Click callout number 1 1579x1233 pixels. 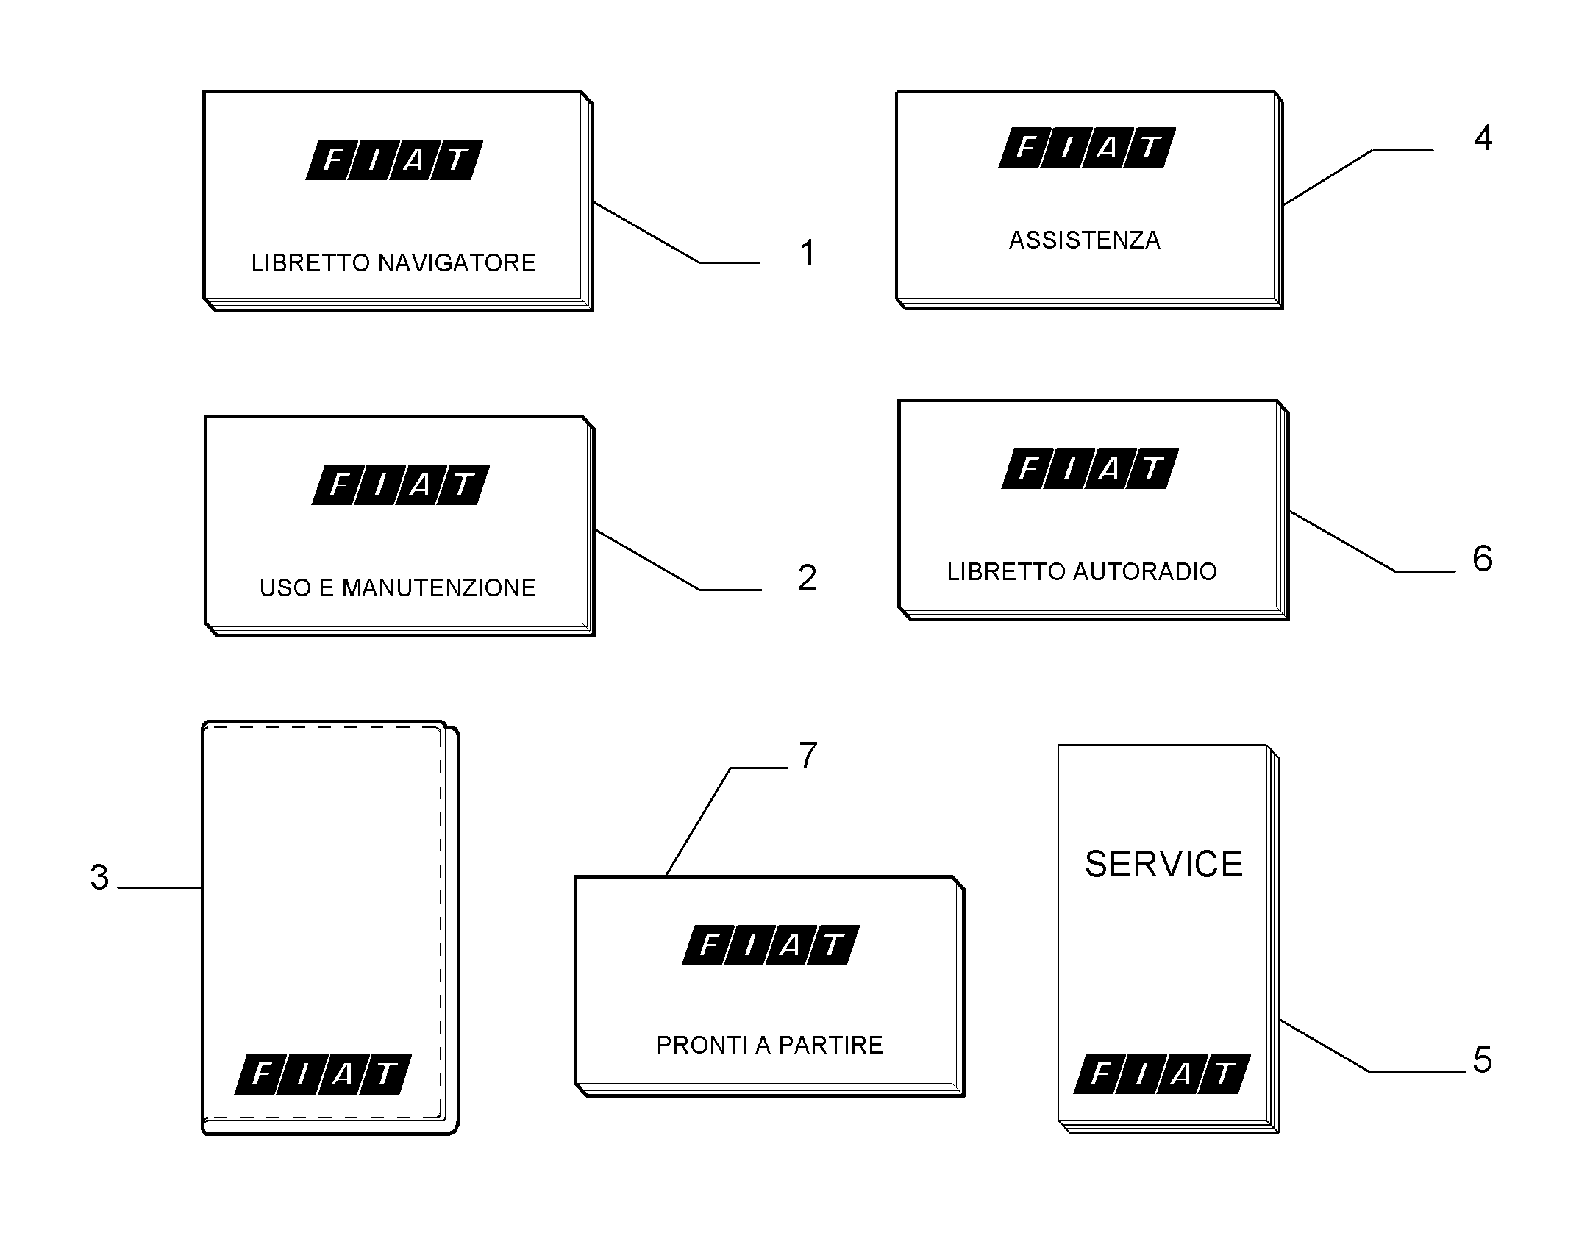point(808,253)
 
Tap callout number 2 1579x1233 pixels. point(807,578)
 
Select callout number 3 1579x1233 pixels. point(99,877)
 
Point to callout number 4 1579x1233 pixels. point(1483,137)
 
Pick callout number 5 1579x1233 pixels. point(1482,1060)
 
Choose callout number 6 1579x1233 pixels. point(1482,559)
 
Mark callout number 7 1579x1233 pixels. point(808,755)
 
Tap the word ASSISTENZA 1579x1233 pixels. point(1084,240)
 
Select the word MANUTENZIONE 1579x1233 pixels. point(439,588)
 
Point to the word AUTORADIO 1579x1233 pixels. point(1144,571)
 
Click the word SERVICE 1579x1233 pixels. point(1163,864)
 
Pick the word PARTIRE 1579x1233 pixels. point(830,1045)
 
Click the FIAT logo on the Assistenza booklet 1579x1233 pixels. point(1087,148)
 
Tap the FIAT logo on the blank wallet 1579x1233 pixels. point(323,1074)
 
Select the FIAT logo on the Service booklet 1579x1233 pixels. point(1162,1074)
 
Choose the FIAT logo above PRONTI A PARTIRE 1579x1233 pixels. point(771,945)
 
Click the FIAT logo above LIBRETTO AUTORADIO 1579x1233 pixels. point(1090,468)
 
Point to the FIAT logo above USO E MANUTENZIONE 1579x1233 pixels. point(401,485)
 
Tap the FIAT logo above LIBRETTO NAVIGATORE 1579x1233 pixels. point(394,160)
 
